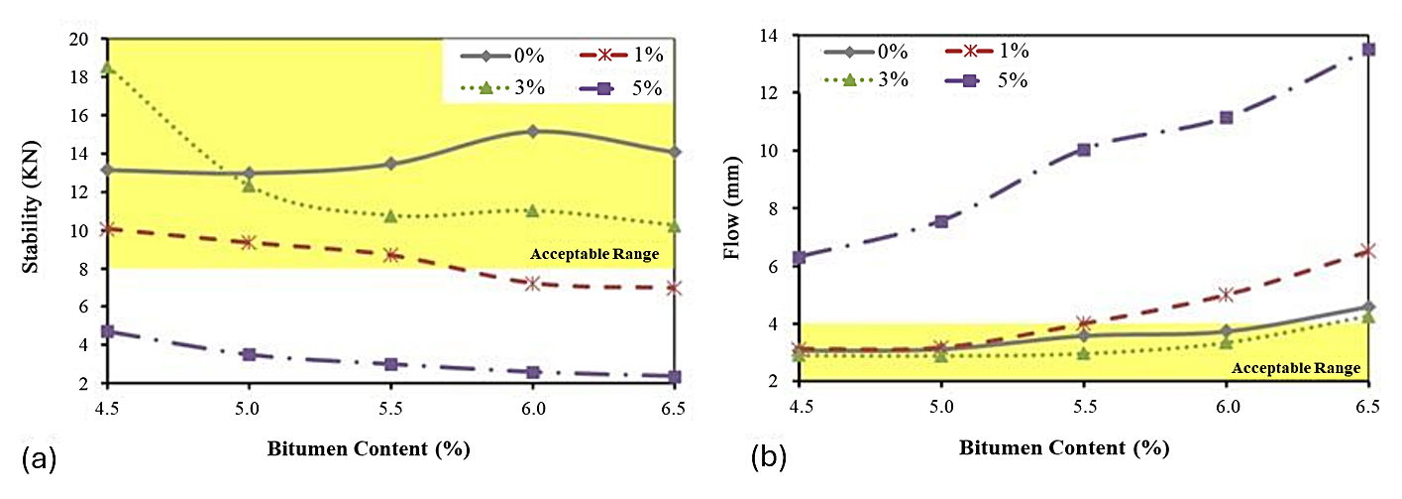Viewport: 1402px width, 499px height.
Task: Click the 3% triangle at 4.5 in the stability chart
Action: (108, 68)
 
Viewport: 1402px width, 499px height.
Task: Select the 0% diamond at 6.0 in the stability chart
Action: (532, 131)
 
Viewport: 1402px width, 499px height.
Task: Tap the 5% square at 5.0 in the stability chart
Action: (250, 354)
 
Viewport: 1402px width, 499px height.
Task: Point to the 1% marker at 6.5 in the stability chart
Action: (674, 288)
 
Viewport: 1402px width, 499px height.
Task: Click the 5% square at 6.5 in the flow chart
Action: (1368, 49)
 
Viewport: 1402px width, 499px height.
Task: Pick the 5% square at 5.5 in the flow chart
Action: (1083, 150)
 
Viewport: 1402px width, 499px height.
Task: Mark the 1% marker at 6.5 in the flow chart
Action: (1368, 251)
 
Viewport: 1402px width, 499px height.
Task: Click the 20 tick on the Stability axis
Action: (78, 40)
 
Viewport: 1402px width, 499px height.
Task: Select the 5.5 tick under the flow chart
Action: (1083, 407)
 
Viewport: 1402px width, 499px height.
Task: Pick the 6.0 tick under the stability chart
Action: (532, 407)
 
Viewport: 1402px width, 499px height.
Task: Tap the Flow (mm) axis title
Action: (732, 211)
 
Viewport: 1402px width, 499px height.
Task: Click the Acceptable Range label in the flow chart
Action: (1295, 368)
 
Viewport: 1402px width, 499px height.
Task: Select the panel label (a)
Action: (38, 458)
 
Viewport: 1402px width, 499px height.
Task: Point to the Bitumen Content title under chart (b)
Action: (1063, 447)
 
